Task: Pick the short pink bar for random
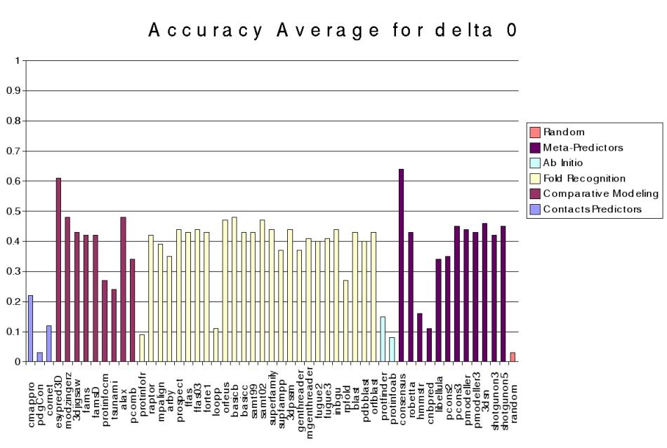[x=513, y=357]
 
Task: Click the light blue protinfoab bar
[x=392, y=349]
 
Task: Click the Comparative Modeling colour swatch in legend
[x=535, y=194]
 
